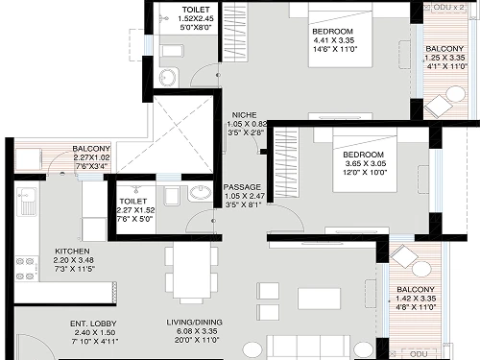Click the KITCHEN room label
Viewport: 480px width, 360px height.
72,252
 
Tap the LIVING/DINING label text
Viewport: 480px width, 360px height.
194,323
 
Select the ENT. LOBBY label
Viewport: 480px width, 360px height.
93,324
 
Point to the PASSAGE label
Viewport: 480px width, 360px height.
242,187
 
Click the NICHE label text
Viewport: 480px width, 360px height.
244,115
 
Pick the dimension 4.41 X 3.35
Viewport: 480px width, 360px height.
334,40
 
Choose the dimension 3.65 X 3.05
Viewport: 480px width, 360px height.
366,163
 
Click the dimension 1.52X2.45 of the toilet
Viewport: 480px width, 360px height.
196,18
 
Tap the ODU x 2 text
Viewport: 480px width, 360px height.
448,7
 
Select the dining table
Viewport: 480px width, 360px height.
192,270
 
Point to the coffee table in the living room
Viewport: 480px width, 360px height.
319,299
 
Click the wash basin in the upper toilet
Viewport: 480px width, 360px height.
167,77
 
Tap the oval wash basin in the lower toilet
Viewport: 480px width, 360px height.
201,193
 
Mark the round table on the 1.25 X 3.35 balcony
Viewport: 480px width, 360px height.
456,95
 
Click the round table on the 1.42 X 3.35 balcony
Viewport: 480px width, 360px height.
421,269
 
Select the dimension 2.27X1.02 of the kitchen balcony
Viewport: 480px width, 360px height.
91,157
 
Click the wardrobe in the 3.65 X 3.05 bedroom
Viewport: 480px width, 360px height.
286,162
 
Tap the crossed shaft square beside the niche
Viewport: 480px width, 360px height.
183,134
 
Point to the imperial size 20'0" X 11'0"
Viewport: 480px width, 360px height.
197,340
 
